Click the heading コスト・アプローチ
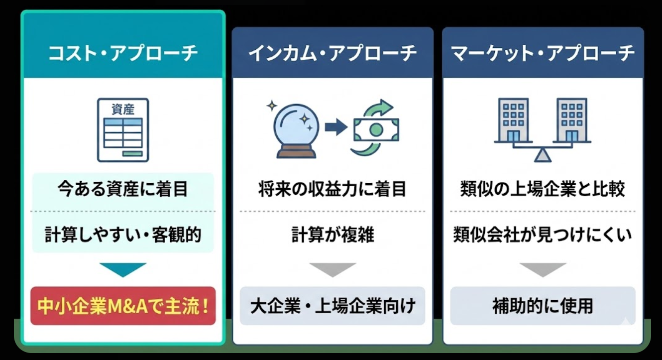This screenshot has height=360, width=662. tap(123, 53)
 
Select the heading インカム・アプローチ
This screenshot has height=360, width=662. tap(332, 53)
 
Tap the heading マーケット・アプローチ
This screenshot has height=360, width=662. tap(543, 53)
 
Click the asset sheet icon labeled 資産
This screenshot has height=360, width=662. tap(123, 129)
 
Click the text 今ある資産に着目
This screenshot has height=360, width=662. tap(123, 190)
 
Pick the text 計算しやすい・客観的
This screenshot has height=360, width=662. tap(123, 235)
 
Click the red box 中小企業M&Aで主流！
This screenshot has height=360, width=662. tap(123, 306)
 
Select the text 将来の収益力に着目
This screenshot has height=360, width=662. tap(332, 190)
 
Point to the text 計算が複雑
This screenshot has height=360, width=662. tap(332, 235)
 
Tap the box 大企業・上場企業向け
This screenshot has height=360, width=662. tap(332, 306)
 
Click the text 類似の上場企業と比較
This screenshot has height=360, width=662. tap(543, 190)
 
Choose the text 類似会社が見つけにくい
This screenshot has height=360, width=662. tap(543, 235)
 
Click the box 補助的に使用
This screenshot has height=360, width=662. tap(543, 306)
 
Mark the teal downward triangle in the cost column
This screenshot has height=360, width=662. tap(123, 269)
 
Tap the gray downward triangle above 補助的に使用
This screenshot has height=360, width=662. tap(543, 269)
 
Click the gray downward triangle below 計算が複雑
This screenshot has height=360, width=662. tap(332, 269)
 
